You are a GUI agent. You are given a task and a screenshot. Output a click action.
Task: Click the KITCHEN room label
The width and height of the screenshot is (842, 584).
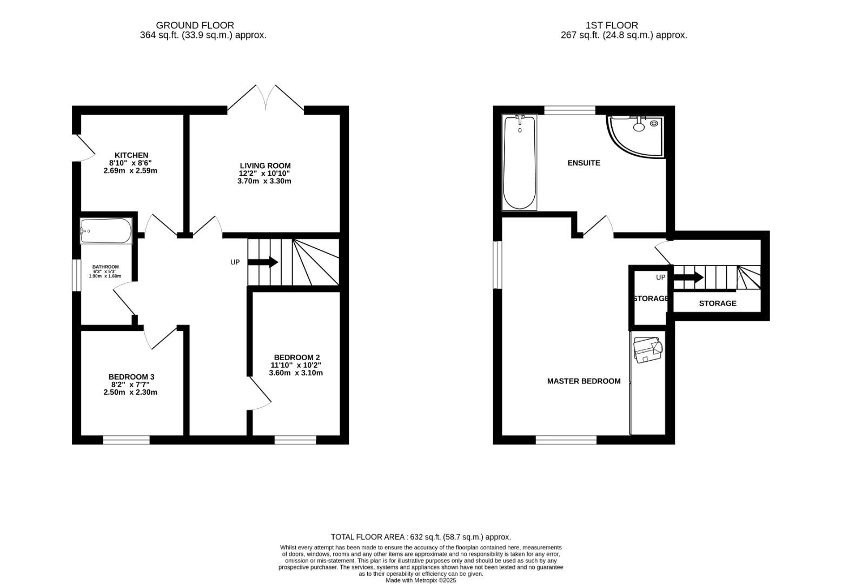click(x=131, y=155)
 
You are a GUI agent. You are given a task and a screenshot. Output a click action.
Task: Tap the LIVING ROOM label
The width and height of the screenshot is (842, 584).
click(x=265, y=165)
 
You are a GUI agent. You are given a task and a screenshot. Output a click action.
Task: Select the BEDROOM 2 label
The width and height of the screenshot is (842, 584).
click(x=296, y=357)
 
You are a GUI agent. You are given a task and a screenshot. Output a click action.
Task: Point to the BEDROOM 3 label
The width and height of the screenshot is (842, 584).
click(x=131, y=377)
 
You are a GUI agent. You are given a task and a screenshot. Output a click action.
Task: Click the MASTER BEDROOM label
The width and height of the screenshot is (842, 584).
click(x=584, y=381)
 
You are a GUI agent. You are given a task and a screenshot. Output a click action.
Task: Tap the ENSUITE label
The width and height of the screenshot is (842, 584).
click(x=584, y=163)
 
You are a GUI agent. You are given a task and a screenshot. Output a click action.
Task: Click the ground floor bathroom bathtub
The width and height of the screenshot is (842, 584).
click(x=106, y=231)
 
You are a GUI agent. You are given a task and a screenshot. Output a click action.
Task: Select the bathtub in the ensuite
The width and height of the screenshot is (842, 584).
click(x=520, y=162)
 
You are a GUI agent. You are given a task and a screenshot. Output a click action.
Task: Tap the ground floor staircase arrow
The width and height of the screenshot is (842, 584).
click(x=263, y=262)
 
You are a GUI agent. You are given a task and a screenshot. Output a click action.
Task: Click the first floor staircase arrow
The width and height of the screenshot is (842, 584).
click(x=688, y=278)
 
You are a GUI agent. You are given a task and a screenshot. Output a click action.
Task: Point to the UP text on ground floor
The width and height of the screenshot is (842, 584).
click(x=235, y=262)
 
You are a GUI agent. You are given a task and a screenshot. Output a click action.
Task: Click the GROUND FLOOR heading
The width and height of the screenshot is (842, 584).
click(x=195, y=25)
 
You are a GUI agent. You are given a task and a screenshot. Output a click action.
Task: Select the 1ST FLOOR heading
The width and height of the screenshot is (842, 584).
click(x=612, y=25)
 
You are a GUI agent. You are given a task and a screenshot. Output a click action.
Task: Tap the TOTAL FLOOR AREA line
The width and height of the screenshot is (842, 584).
click(x=421, y=537)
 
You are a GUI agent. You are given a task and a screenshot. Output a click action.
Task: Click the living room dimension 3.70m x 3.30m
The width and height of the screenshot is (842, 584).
click(x=264, y=181)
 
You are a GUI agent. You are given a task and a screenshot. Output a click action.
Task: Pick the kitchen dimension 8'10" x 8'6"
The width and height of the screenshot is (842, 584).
click(x=130, y=163)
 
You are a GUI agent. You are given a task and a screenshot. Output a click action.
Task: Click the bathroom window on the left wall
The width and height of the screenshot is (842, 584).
click(x=76, y=275)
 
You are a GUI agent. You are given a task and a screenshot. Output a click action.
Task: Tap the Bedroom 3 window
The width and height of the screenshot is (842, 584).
click(x=127, y=440)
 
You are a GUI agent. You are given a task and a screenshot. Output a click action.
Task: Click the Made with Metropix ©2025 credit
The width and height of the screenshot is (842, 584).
click(x=421, y=581)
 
